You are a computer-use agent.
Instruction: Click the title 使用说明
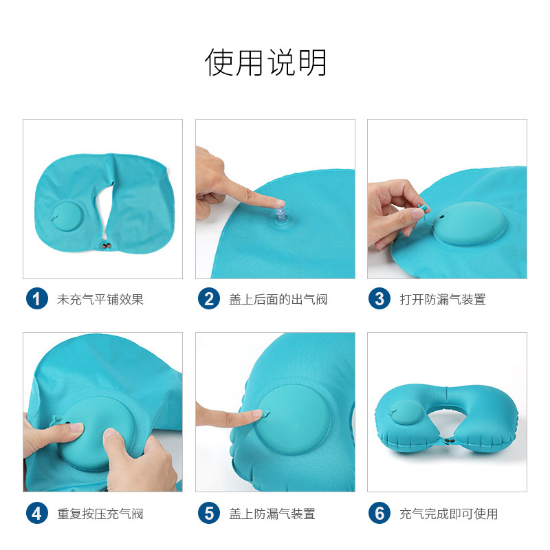(265, 63)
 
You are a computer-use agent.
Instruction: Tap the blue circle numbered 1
(37, 298)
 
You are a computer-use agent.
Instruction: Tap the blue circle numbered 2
(209, 298)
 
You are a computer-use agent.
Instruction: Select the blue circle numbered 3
(379, 298)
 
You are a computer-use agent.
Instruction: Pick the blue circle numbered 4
(37, 513)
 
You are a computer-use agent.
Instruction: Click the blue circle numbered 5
(209, 513)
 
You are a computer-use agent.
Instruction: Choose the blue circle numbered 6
(379, 513)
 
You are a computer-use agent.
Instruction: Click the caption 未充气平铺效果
(100, 299)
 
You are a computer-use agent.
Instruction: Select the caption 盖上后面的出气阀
(278, 299)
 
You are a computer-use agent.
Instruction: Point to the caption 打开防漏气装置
(443, 299)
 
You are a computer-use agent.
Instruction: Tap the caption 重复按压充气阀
(100, 514)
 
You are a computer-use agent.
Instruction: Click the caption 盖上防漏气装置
(272, 514)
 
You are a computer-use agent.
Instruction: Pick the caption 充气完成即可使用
(449, 514)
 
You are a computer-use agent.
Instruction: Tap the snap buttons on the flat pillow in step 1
(107, 246)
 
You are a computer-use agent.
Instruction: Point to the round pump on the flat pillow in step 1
(66, 217)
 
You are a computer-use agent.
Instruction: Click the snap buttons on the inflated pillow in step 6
(449, 440)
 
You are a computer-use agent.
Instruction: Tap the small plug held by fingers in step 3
(423, 208)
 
